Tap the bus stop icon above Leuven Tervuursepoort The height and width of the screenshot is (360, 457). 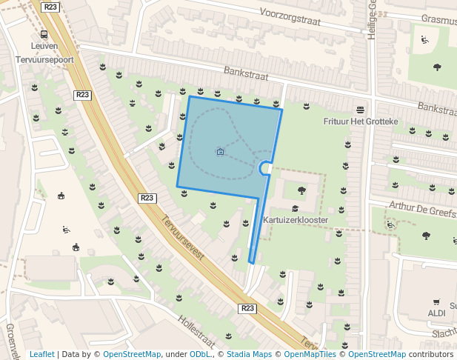tap(44, 34)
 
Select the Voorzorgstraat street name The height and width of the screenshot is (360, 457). tap(290, 17)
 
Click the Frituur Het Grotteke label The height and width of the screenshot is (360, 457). tap(361, 121)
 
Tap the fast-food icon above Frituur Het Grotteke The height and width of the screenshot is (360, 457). tap(361, 110)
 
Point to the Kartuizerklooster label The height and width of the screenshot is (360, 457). tap(295, 220)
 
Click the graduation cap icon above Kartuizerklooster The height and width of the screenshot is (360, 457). tap(295, 209)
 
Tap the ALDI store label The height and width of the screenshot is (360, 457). tap(437, 313)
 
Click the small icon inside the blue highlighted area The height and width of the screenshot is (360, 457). tap(220, 152)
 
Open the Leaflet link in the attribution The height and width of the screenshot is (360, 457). tap(41, 354)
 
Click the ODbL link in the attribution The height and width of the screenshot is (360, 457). tap(200, 354)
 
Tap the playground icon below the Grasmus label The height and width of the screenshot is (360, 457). tap(424, 40)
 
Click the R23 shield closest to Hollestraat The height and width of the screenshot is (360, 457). tap(247, 307)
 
